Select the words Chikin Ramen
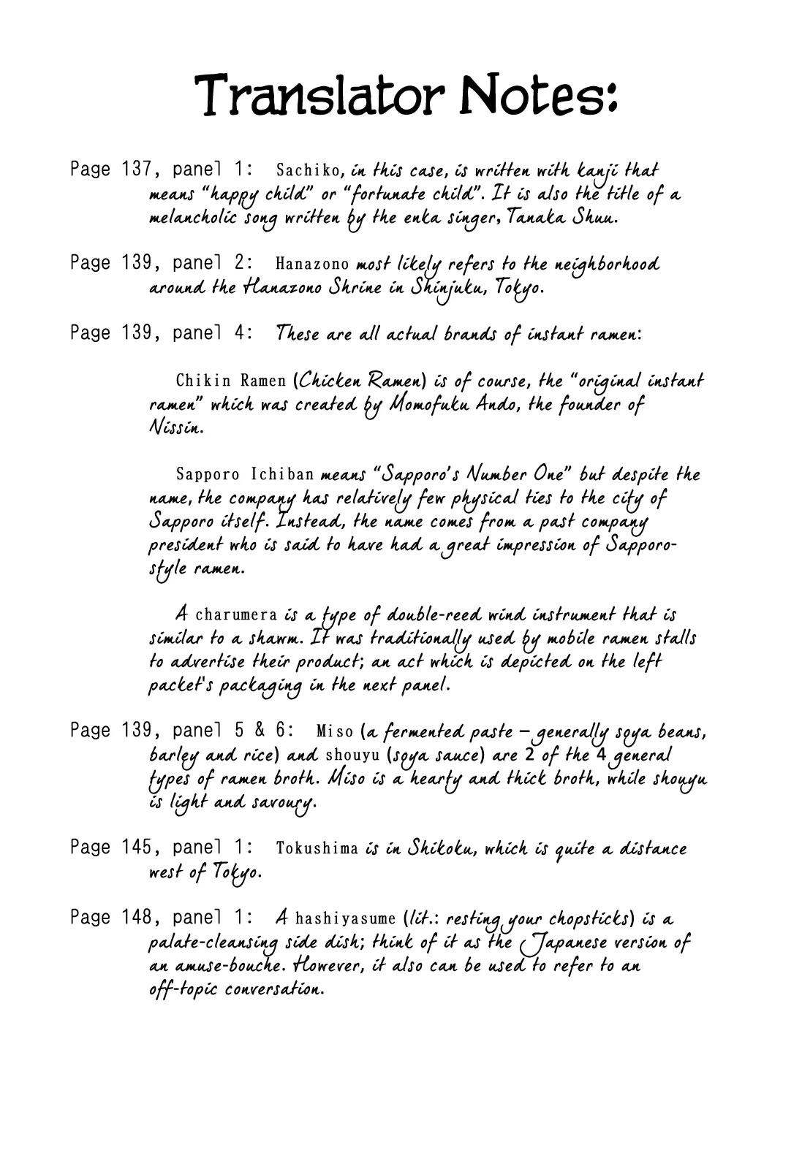click(x=232, y=381)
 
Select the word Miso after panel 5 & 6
click(x=335, y=731)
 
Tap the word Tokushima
click(x=317, y=848)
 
